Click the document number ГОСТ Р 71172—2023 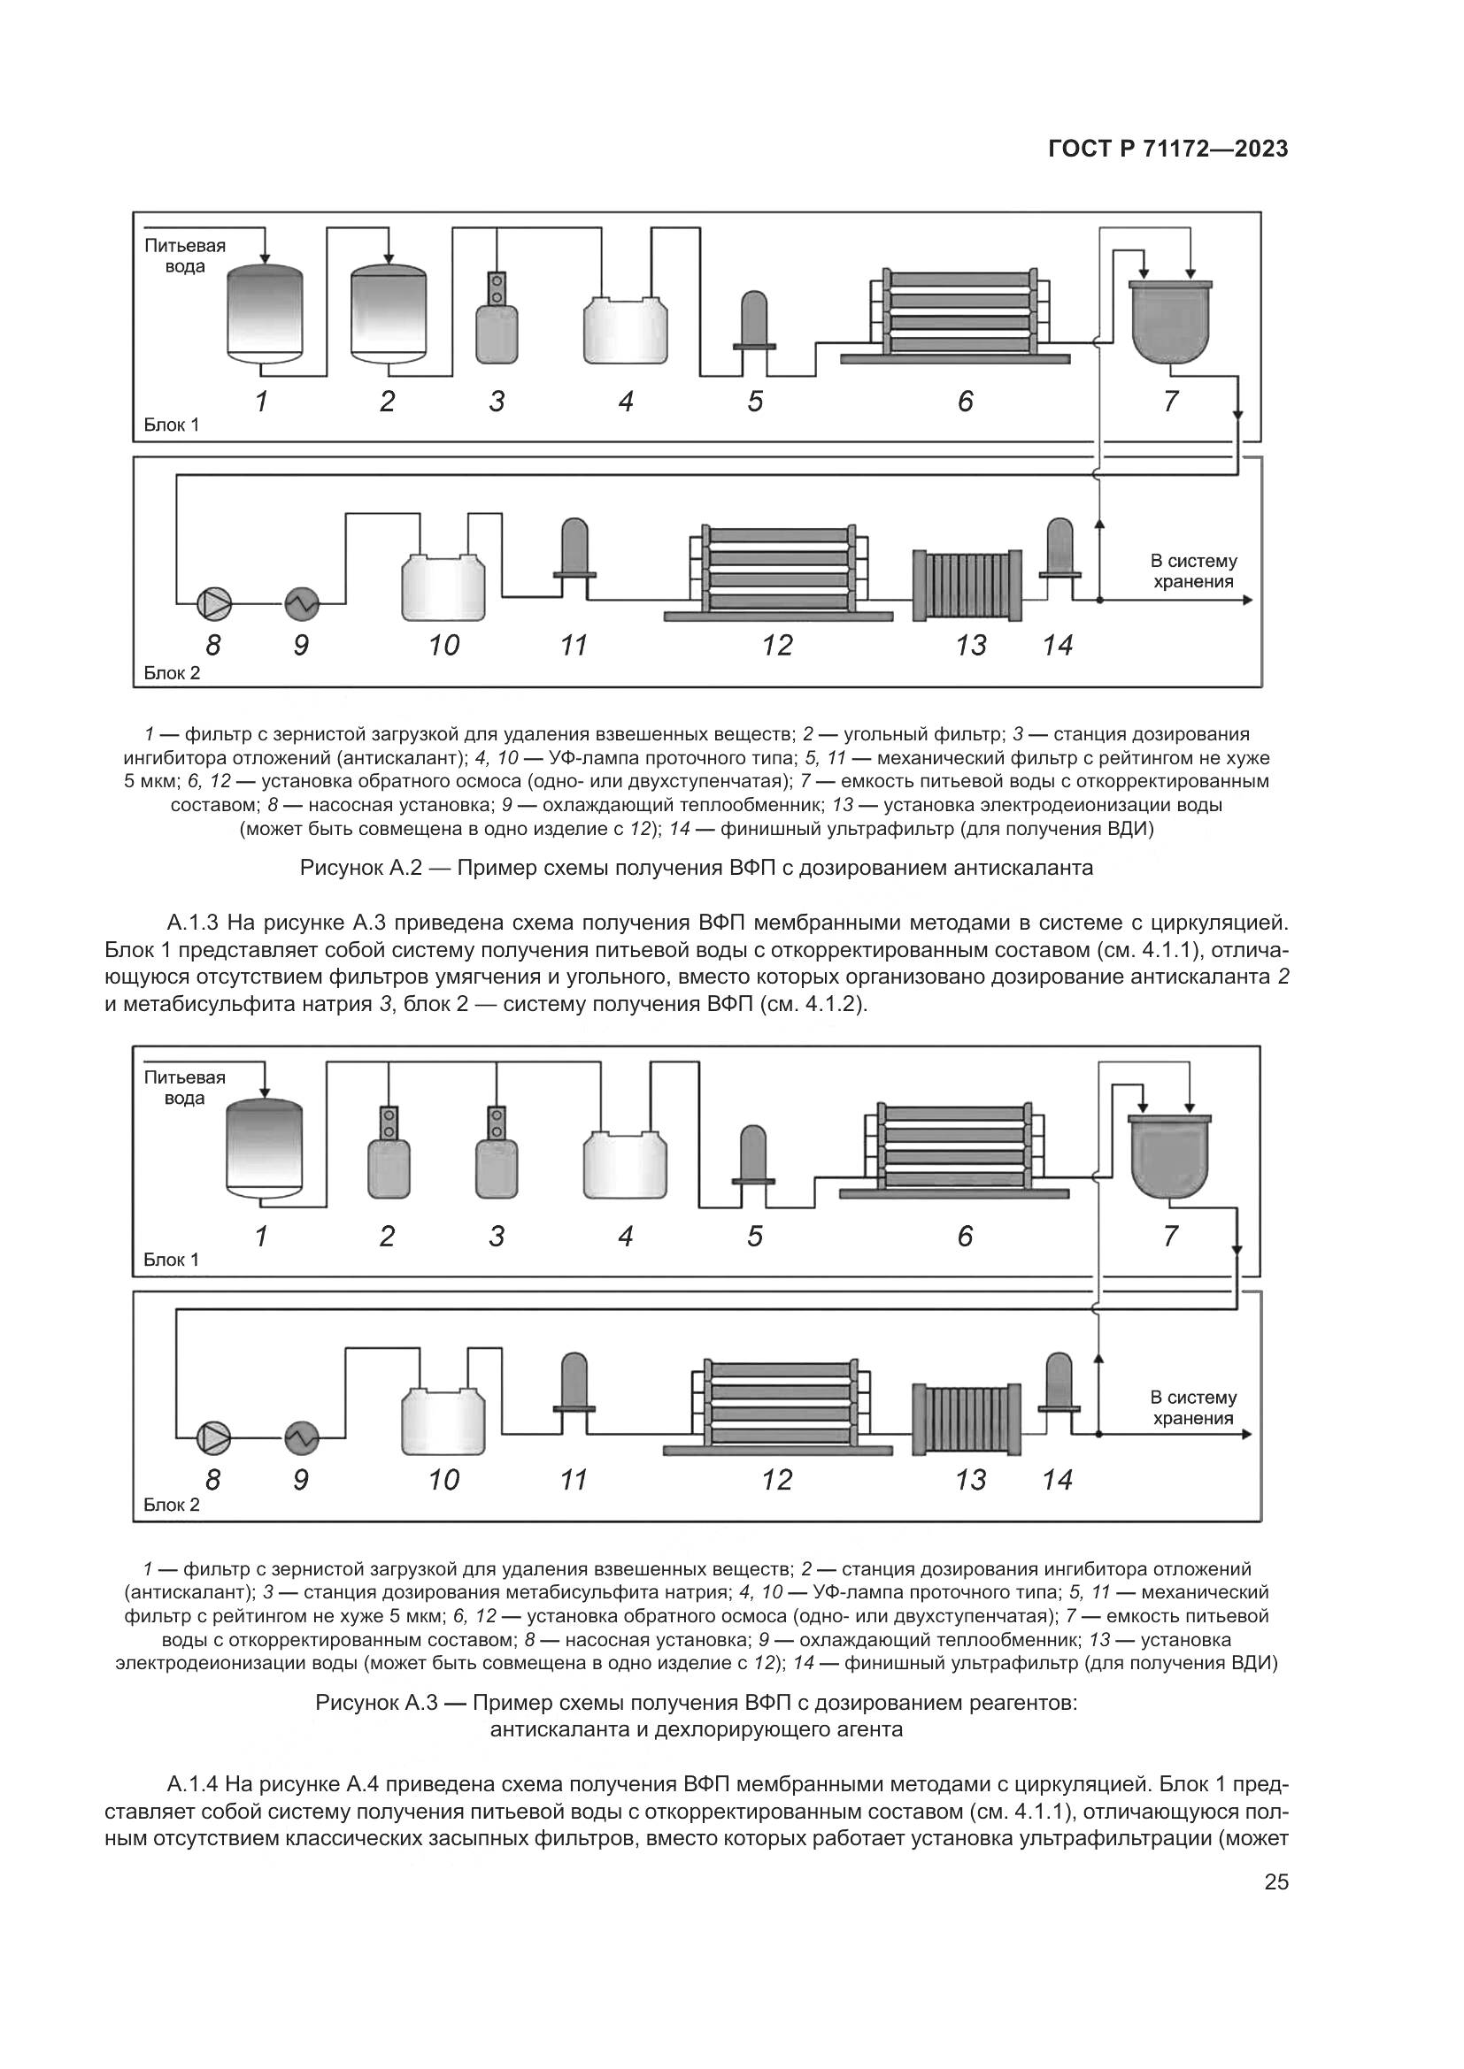pos(1167,149)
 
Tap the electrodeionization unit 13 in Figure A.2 pos(967,585)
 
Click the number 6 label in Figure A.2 pos(966,401)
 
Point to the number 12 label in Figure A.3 pos(777,1480)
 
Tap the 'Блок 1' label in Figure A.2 pos(172,425)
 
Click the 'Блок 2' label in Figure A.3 pos(172,1505)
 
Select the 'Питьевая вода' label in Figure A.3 pos(185,1088)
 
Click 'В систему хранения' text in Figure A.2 pos(1192,571)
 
